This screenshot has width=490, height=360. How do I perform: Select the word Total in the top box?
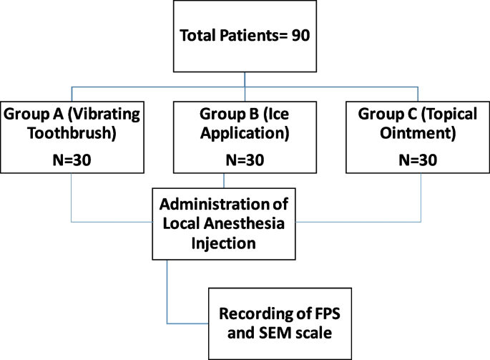pyautogui.click(x=200, y=37)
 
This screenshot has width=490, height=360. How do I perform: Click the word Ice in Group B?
pyautogui.click(x=274, y=115)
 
